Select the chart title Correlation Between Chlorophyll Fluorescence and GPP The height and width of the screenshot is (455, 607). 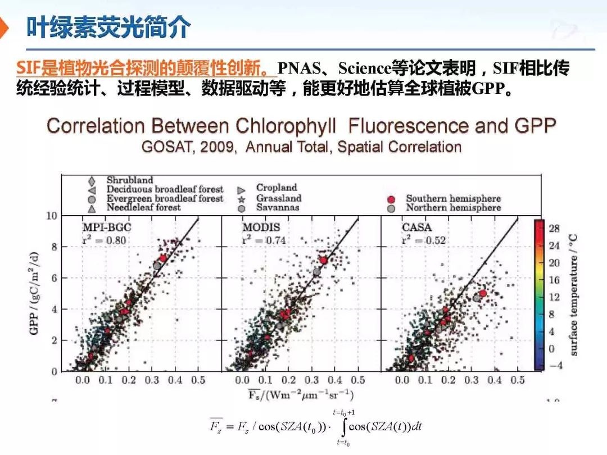click(301, 125)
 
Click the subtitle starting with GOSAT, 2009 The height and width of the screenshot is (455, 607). click(301, 147)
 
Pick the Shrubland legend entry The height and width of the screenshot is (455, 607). click(129, 180)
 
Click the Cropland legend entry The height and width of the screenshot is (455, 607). click(276, 188)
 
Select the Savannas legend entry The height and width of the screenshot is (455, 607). click(278, 207)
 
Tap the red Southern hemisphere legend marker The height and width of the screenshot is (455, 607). click(392, 199)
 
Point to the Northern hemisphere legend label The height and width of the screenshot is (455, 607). click(453, 208)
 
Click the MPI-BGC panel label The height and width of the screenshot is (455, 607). click(107, 228)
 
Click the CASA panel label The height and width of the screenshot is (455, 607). click(416, 228)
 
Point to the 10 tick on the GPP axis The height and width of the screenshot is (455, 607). click(51, 216)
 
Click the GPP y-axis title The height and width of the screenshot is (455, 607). click(34, 293)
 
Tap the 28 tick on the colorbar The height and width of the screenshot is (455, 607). click(554, 228)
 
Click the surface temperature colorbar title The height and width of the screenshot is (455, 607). click(574, 294)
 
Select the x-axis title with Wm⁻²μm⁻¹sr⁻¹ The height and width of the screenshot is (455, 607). click(301, 394)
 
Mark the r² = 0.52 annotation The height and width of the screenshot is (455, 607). click(423, 240)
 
